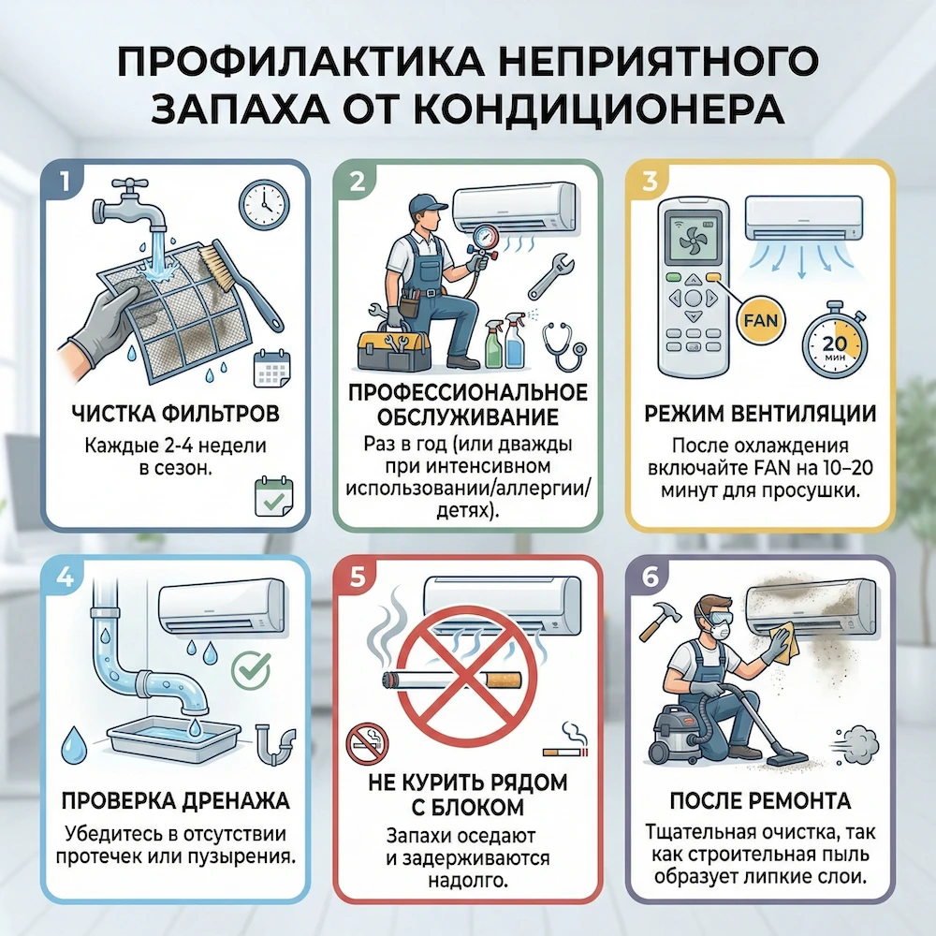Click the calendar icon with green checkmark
click(274, 496)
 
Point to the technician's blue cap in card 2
click(428, 205)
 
